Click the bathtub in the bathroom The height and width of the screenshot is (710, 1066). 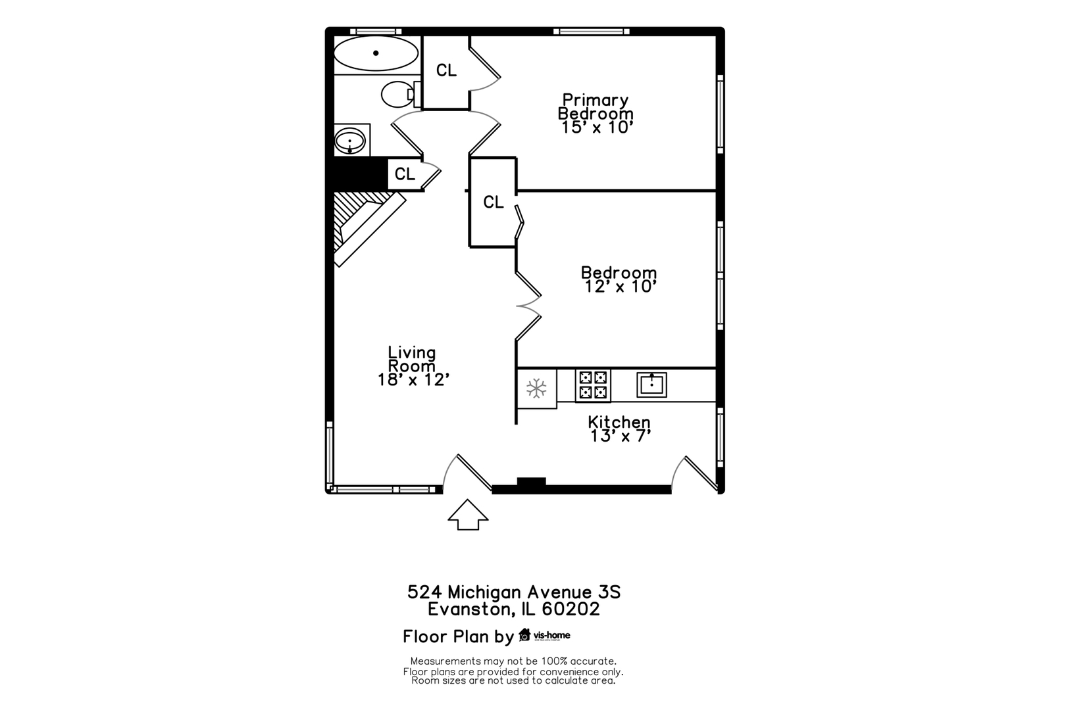point(376,53)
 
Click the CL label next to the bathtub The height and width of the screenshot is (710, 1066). point(446,70)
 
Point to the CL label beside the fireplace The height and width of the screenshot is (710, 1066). point(405,174)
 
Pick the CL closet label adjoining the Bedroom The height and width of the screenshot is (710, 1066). point(494,202)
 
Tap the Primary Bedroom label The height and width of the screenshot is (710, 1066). point(596,106)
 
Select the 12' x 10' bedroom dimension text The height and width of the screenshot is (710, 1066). point(621,287)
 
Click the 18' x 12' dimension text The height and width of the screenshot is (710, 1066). point(413,380)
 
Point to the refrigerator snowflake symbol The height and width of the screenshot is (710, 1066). point(536,389)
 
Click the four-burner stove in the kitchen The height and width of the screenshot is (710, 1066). point(593,385)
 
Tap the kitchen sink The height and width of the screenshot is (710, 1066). point(651,385)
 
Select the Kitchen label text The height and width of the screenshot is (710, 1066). point(619,421)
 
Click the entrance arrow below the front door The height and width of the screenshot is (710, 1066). point(468,514)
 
